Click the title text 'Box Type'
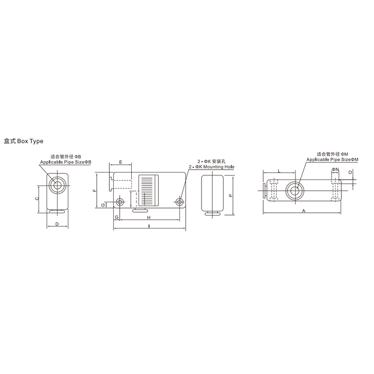point(30,141)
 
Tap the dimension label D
point(57,224)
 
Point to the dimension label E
point(121,162)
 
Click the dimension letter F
point(94,190)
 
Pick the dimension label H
point(149,217)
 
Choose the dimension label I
point(149,226)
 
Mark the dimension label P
point(230,195)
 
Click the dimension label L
point(280,171)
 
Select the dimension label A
point(303,211)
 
